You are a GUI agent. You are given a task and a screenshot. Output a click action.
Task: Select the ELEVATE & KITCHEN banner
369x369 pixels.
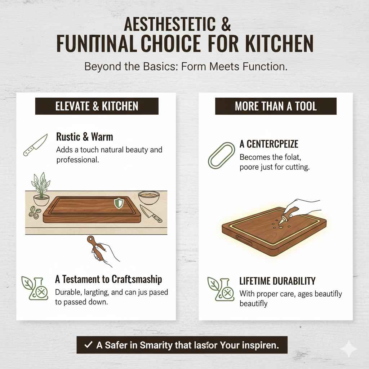point(97,106)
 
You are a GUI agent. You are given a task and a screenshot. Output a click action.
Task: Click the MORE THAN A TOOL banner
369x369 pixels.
point(276,106)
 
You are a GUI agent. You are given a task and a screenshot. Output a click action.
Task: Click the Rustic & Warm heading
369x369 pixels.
point(85,137)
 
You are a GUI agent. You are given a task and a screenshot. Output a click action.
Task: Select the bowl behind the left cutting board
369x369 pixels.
point(148,198)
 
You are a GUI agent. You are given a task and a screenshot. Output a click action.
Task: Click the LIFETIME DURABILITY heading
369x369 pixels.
point(277,281)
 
